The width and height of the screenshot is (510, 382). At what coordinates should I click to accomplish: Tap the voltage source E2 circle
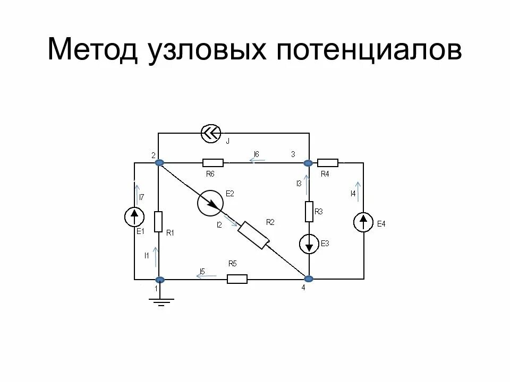(210, 203)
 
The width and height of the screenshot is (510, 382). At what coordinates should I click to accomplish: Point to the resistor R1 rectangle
(158, 221)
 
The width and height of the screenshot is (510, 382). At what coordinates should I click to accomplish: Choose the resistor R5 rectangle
(237, 279)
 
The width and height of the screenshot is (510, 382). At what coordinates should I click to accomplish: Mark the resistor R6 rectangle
(212, 162)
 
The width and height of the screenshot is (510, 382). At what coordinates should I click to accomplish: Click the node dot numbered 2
(158, 162)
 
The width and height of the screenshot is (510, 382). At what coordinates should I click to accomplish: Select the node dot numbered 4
(308, 279)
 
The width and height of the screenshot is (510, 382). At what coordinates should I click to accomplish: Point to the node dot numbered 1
(158, 279)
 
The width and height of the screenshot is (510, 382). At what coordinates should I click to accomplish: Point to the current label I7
(141, 197)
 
